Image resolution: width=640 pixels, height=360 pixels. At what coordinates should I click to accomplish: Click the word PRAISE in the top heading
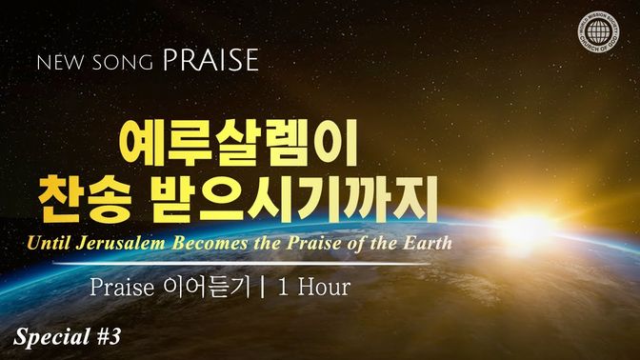pyautogui.click(x=210, y=60)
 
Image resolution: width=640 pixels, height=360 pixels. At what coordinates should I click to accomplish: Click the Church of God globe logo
pyautogui.click(x=598, y=31)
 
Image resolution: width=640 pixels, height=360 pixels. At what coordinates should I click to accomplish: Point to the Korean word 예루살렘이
pyautogui.click(x=238, y=143)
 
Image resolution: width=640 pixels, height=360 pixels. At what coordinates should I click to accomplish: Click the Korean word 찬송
pyautogui.click(x=85, y=199)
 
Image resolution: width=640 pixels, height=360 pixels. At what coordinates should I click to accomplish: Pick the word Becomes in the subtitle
pyautogui.click(x=210, y=243)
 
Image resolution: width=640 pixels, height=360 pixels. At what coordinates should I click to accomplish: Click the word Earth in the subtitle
pyautogui.click(x=428, y=243)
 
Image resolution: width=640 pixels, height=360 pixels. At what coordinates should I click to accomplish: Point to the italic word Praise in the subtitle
pyautogui.click(x=313, y=243)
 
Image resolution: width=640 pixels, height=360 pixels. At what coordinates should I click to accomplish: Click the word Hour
pyautogui.click(x=324, y=287)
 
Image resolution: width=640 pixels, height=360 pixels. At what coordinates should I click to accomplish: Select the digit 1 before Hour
pyautogui.click(x=283, y=287)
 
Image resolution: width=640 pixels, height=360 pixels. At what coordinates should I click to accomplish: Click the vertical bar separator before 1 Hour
pyautogui.click(x=263, y=287)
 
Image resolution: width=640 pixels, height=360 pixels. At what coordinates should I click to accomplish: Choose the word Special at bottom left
pyautogui.click(x=51, y=337)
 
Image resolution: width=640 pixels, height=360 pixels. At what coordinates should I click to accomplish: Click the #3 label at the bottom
pyautogui.click(x=109, y=337)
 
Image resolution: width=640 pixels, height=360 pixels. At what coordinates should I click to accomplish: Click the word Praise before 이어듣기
pyautogui.click(x=122, y=287)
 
